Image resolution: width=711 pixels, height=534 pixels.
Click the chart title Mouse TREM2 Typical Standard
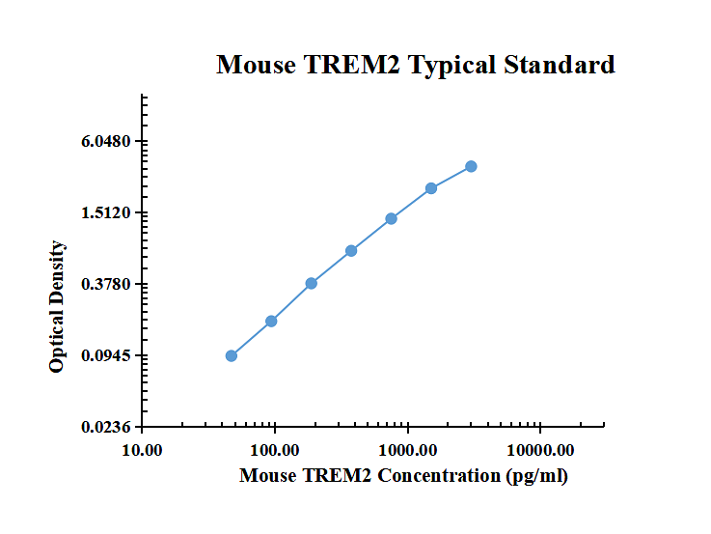click(x=415, y=66)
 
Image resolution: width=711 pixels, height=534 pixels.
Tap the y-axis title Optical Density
click(x=58, y=306)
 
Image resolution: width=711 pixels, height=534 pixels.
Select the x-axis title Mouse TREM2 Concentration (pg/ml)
click(x=403, y=475)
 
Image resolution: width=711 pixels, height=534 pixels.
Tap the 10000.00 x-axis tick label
click(x=539, y=451)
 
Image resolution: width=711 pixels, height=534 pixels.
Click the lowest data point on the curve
click(x=232, y=355)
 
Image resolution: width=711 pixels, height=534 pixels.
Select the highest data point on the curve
click(x=471, y=166)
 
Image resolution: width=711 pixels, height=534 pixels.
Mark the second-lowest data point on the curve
click(x=272, y=321)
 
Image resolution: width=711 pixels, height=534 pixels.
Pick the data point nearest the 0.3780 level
click(x=312, y=283)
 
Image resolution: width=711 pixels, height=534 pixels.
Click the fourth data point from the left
click(x=351, y=250)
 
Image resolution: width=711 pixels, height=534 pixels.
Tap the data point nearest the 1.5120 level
click(x=392, y=218)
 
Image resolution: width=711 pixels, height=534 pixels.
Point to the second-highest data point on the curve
click(x=431, y=188)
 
